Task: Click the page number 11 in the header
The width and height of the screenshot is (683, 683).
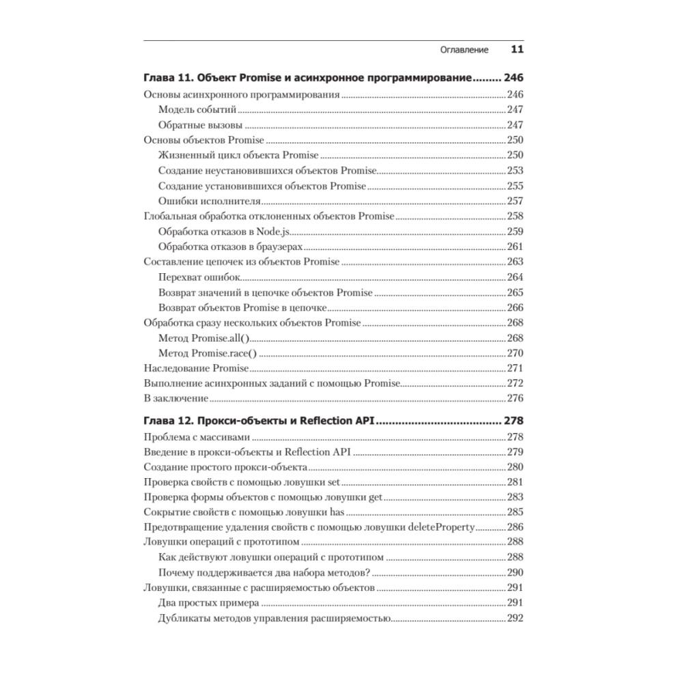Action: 517,50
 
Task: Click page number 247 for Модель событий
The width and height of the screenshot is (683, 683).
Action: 514,110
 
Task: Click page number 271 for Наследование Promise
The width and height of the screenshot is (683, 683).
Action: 514,368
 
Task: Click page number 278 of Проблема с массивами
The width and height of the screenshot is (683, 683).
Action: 514,437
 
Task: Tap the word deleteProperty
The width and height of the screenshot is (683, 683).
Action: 442,527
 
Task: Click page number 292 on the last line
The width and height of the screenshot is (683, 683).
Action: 514,619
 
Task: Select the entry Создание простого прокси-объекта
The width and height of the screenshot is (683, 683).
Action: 225,467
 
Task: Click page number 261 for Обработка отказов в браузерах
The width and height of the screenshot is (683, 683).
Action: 514,247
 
